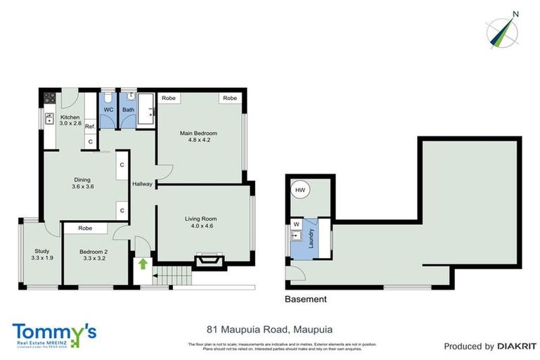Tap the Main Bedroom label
(198, 136)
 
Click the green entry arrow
(143, 264)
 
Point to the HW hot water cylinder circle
(300, 190)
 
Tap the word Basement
(305, 299)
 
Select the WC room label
(109, 110)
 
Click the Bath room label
(128, 110)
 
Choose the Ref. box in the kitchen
(90, 127)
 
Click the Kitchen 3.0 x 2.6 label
(70, 120)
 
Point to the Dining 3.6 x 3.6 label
(83, 183)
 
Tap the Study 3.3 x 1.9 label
(42, 254)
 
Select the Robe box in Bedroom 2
(85, 229)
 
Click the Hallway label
(143, 184)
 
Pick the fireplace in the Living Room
(208, 262)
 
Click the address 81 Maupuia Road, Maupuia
(269, 329)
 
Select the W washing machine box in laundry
(295, 225)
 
